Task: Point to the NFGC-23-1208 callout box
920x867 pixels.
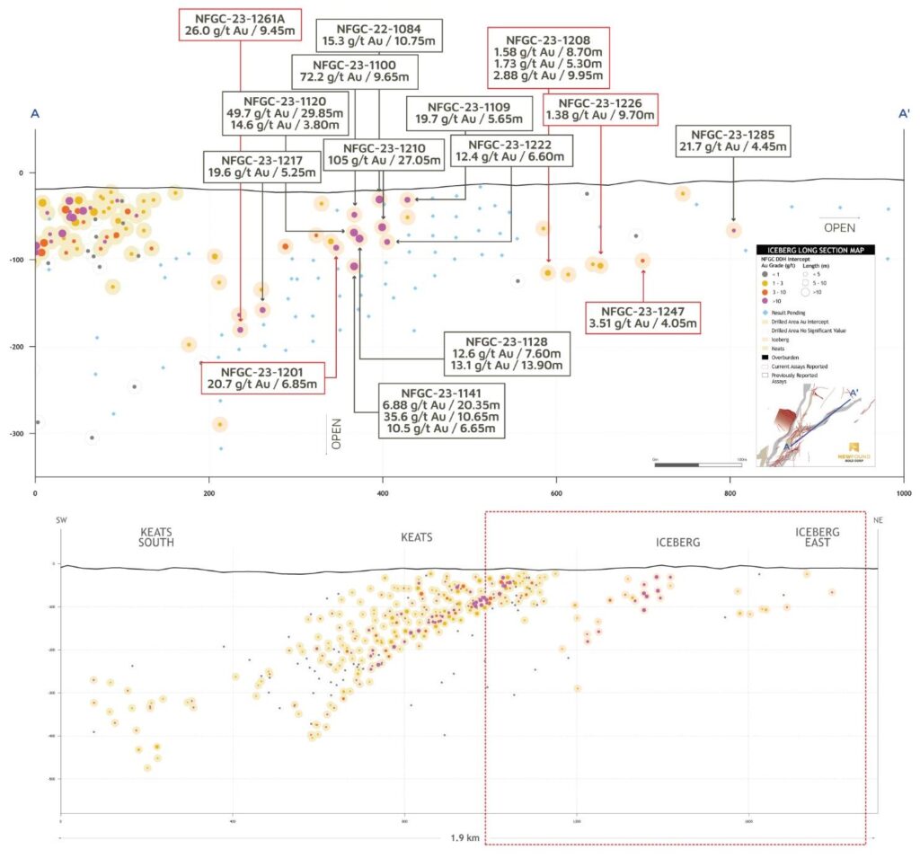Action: (548, 57)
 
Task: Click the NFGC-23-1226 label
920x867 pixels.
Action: (600, 110)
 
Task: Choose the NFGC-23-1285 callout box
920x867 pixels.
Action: (734, 142)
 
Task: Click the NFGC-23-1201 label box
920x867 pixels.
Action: (264, 377)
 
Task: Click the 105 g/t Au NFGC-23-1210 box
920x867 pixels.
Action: (384, 155)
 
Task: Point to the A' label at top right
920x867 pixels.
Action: (905, 114)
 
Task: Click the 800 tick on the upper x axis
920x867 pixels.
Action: (730, 493)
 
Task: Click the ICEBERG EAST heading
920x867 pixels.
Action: (818, 537)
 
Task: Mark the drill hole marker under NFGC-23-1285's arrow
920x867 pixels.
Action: (733, 230)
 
